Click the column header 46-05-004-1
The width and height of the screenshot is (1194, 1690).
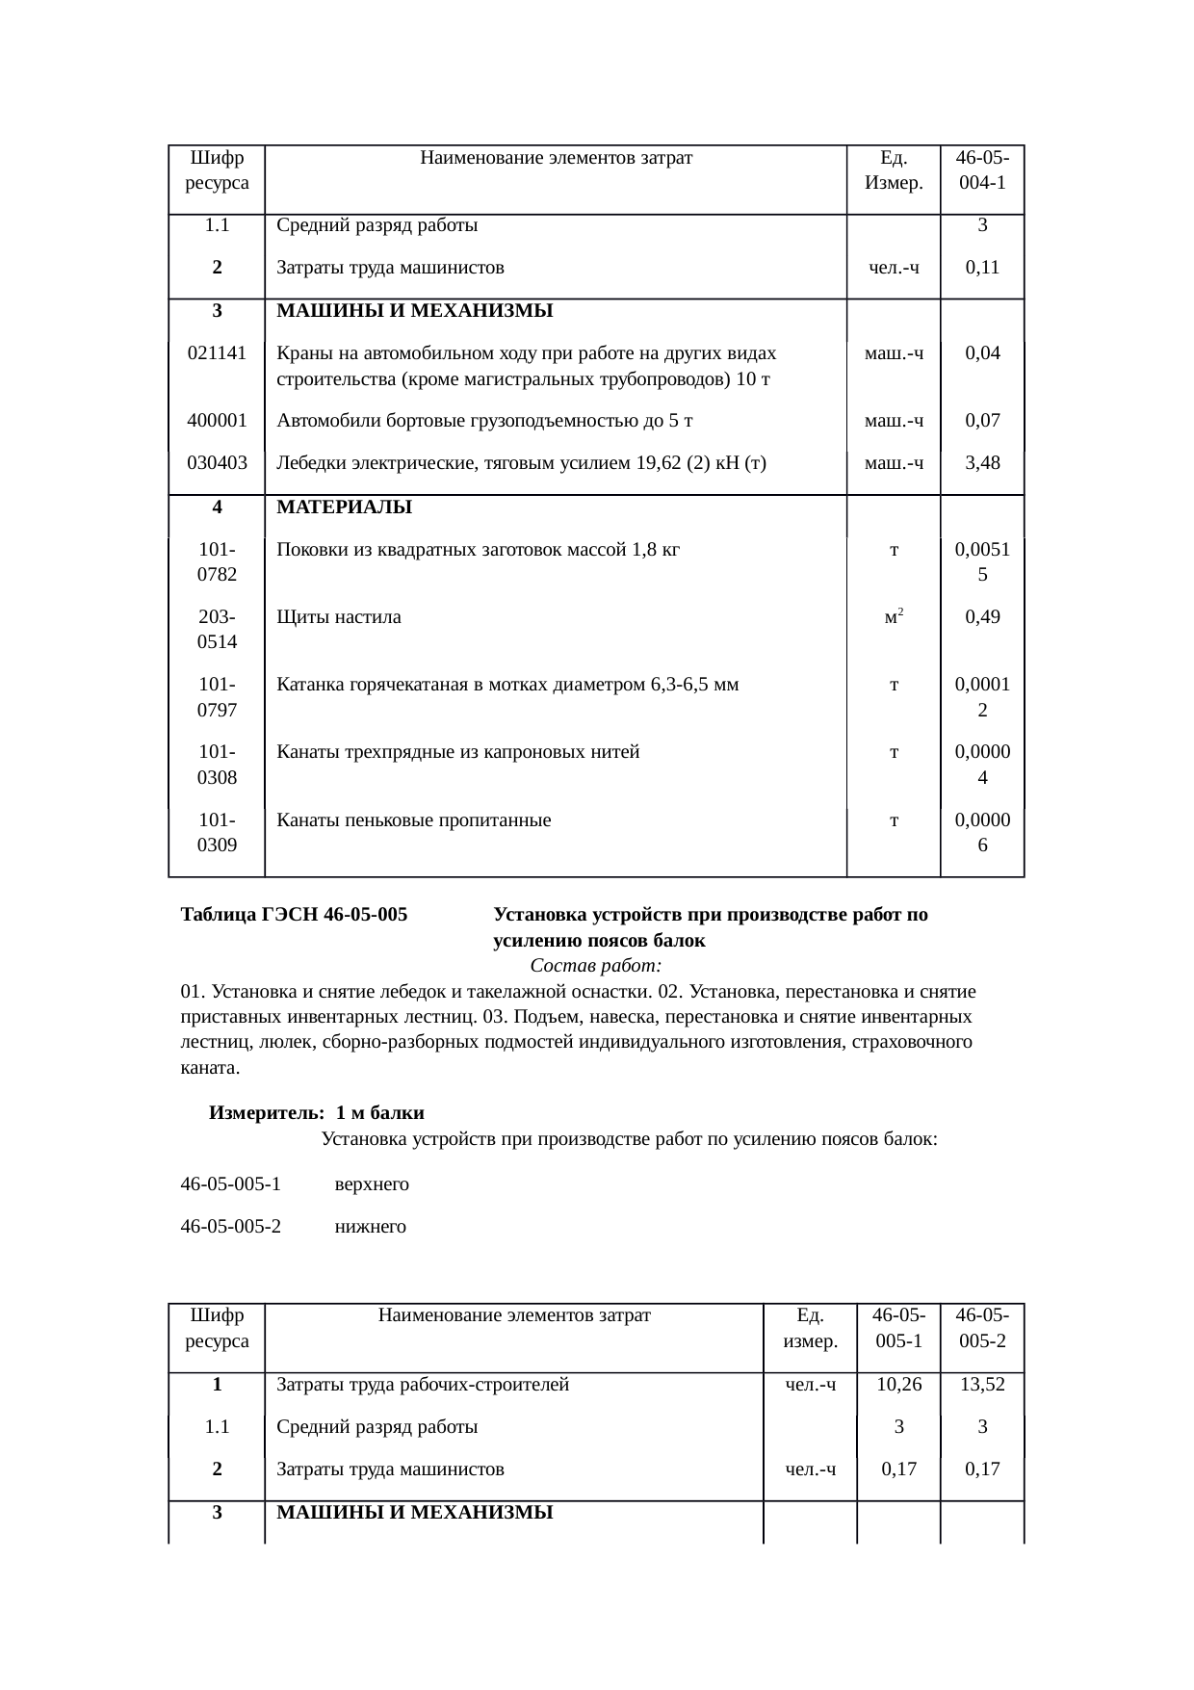tap(981, 169)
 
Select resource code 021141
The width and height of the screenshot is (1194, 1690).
tap(217, 353)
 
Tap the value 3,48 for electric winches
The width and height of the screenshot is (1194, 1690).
tap(981, 463)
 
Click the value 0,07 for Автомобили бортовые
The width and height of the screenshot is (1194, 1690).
tap(981, 421)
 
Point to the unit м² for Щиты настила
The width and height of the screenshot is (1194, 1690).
tap(893, 617)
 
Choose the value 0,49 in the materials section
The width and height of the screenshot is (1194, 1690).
tap(981, 617)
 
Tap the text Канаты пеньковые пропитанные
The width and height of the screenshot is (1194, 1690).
tap(413, 820)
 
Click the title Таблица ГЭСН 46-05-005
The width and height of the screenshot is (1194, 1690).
tap(294, 915)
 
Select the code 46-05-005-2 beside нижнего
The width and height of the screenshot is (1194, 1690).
tap(231, 1227)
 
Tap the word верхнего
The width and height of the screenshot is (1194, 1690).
tap(372, 1184)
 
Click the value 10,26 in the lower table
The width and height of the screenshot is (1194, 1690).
tap(897, 1385)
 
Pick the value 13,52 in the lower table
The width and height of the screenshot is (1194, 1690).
tap(981, 1385)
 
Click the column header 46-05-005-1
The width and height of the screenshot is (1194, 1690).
tap(897, 1328)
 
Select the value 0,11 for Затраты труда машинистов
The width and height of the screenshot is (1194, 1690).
tap(981, 268)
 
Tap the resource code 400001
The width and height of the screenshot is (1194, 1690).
tap(217, 421)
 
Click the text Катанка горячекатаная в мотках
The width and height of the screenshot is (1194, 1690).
tap(507, 686)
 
